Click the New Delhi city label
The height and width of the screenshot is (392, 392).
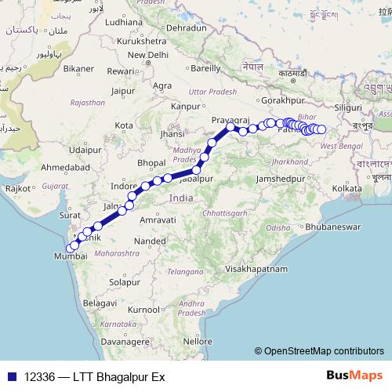click(x=148, y=55)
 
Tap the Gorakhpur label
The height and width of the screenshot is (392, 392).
click(x=284, y=100)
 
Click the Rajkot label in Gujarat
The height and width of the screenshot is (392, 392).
click(x=17, y=188)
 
